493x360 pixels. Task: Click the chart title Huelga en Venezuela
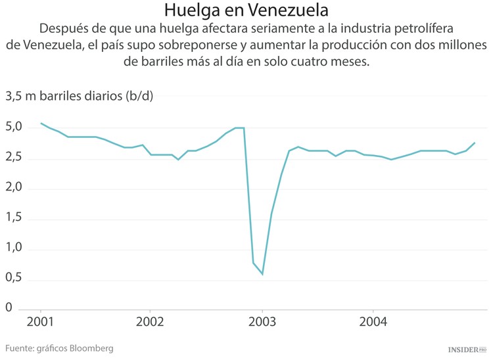point(246,11)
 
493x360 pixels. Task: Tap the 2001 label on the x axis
point(41,323)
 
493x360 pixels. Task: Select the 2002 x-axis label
point(151,323)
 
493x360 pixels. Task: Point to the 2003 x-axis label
point(262,323)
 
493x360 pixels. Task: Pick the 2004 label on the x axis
point(373,323)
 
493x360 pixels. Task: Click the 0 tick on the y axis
point(9,307)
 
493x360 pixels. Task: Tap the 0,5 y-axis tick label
point(15,278)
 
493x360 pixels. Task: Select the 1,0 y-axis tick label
point(15,248)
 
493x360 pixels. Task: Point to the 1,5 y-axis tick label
point(15,218)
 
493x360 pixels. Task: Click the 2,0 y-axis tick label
point(15,188)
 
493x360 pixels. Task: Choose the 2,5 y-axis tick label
point(15,158)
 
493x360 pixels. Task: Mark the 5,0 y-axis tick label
point(15,127)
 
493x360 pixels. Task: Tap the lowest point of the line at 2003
point(262,274)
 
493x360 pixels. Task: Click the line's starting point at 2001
point(41,123)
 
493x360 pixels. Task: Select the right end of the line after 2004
point(475,143)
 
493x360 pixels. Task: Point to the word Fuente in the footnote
point(20,348)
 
